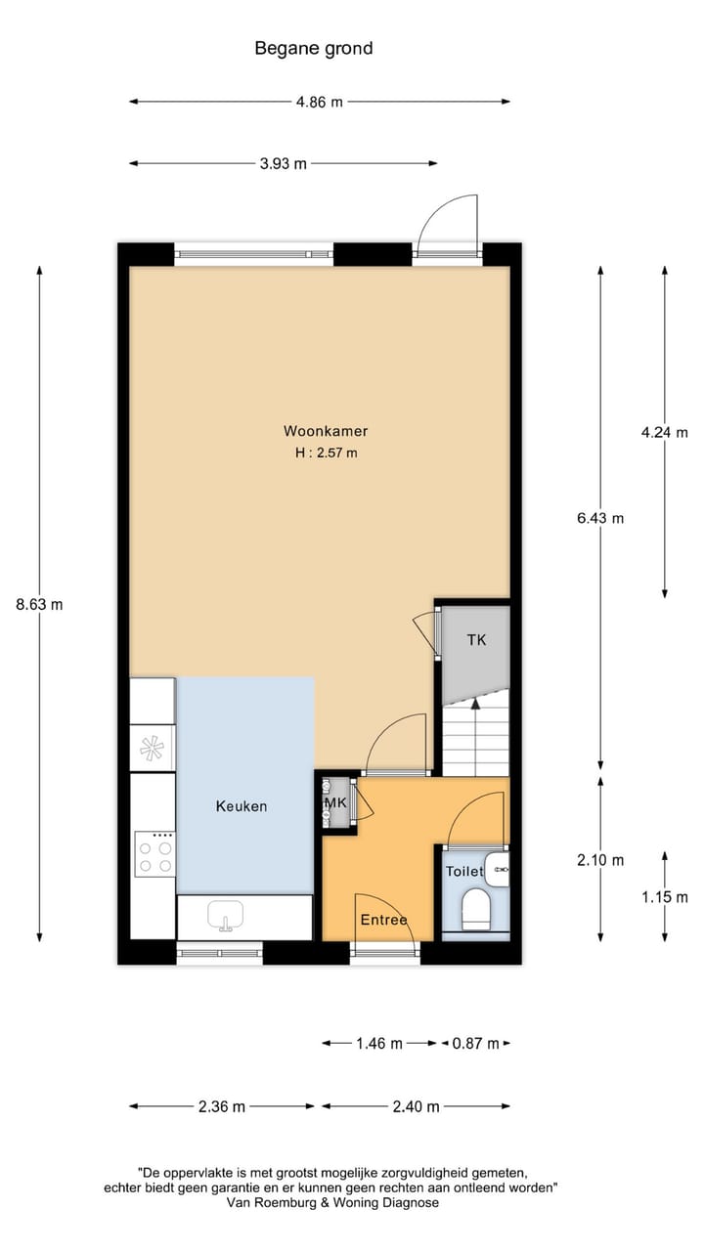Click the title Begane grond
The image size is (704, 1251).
point(314,48)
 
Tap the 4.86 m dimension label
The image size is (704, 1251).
point(319,102)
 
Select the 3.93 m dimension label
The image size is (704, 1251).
point(283,164)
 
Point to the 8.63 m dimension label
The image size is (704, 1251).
point(39,604)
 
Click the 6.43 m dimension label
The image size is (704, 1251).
point(600,519)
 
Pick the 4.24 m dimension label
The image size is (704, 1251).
point(665,432)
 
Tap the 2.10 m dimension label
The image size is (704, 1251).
point(600,860)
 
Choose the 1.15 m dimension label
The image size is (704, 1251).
point(665,896)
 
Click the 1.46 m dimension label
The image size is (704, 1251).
point(379,1044)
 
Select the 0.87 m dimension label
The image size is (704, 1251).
point(476,1044)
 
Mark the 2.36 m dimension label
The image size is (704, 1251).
point(222,1106)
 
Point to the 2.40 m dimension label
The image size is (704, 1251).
point(416,1106)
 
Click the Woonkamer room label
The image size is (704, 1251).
point(326,431)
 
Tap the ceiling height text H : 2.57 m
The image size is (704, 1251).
point(326,453)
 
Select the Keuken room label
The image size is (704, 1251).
point(242,806)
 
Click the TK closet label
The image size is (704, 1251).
point(476,640)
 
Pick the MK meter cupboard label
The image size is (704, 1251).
point(334,802)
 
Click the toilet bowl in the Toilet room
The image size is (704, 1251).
point(476,909)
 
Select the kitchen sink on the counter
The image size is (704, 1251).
point(227,918)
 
